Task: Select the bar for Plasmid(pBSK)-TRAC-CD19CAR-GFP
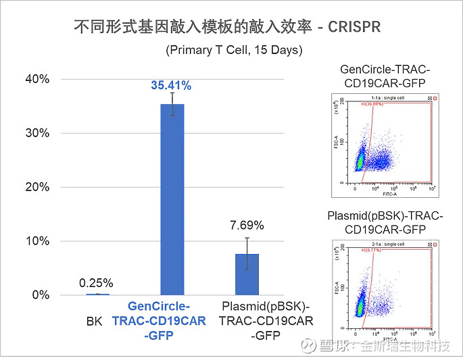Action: tap(247, 275)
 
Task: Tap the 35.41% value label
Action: tap(171, 86)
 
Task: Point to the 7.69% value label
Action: tap(247, 225)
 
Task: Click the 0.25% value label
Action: tap(96, 283)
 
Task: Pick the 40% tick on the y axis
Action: tap(37, 79)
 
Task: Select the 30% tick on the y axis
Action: tap(37, 133)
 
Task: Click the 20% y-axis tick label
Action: tap(37, 187)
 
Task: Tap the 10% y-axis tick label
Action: tap(37, 241)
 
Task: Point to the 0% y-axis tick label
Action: tap(40, 295)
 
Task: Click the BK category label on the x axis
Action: tap(95, 322)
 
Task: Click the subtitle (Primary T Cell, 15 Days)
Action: tap(234, 50)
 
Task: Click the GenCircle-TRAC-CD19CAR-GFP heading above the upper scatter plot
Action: tap(385, 76)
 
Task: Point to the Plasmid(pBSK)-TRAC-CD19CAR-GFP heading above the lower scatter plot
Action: tap(385, 222)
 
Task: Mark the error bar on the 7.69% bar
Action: tap(247, 253)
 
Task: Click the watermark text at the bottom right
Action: tap(385, 346)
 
